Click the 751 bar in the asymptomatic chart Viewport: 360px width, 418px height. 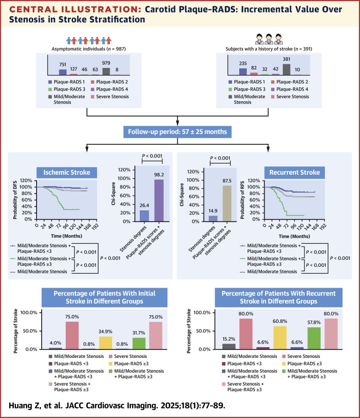[63, 72]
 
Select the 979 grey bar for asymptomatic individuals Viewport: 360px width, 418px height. [106, 71]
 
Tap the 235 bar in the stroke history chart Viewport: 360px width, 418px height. [242, 71]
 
